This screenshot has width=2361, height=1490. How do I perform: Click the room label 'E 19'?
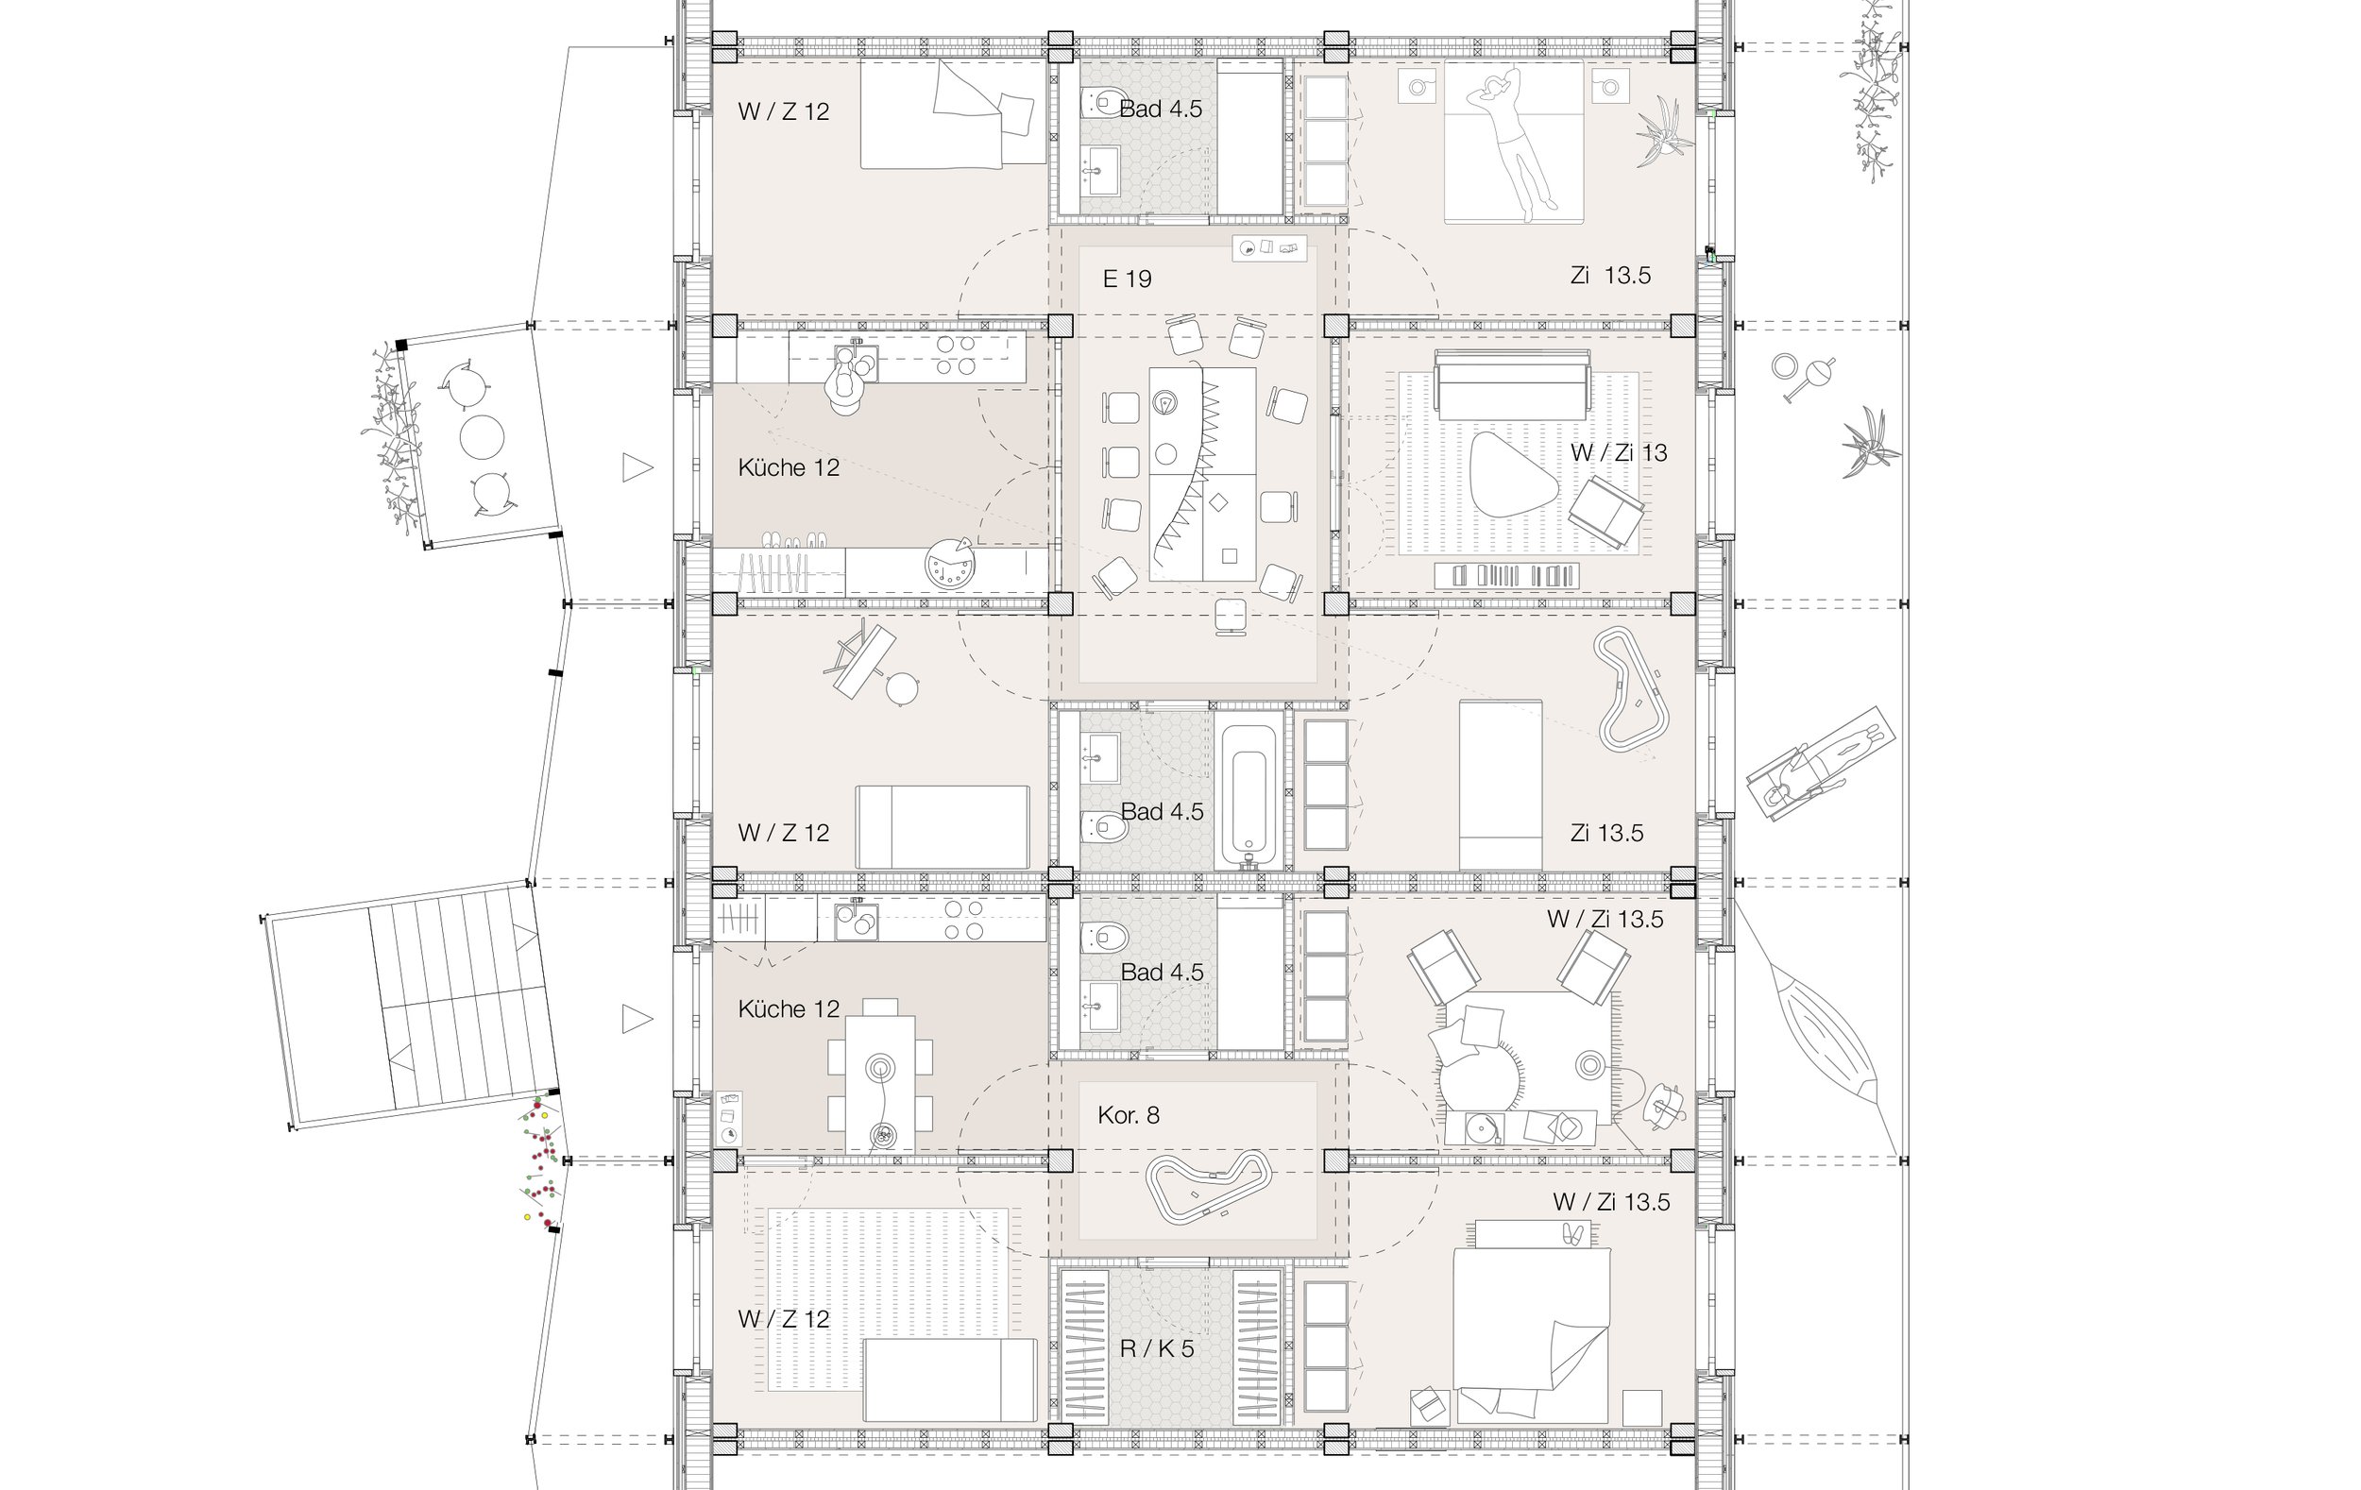coord(1127,279)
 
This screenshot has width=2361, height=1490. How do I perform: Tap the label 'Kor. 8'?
coord(1129,1114)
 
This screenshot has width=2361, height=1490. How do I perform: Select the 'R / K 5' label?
coord(1157,1349)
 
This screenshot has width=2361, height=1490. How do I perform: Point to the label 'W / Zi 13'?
coord(1618,453)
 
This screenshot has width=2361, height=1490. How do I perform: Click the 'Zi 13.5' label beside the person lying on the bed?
coord(1610,276)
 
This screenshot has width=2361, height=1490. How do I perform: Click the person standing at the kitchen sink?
coord(846,382)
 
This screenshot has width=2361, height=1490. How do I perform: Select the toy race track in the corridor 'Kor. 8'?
coord(1209,1187)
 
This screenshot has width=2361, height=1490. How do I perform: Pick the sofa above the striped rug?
coord(1511,382)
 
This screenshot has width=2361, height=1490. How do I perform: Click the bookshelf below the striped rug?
coord(1507,575)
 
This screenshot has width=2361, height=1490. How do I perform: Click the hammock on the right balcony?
coord(1820,1028)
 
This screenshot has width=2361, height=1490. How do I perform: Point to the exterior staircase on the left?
coord(412,1006)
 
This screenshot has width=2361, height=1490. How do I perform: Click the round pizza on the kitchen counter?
coord(949,564)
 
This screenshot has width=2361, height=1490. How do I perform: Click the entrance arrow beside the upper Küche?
coord(637,467)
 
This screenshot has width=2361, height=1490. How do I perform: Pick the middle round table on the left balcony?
coord(483,437)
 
